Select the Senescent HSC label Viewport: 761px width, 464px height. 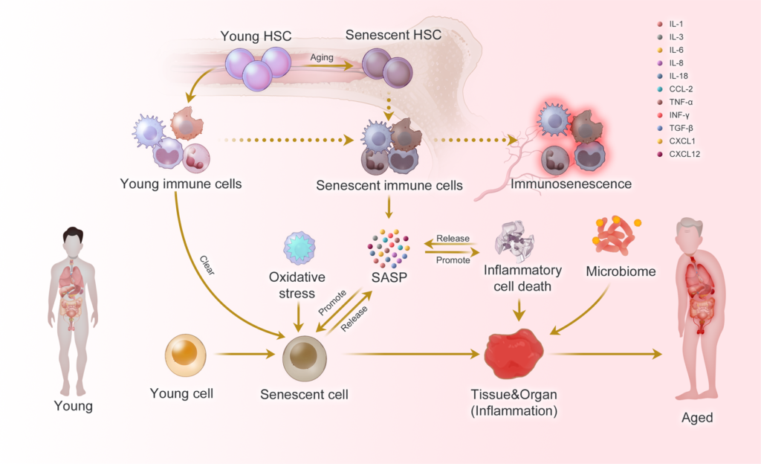point(393,35)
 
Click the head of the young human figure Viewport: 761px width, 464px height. point(72,239)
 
